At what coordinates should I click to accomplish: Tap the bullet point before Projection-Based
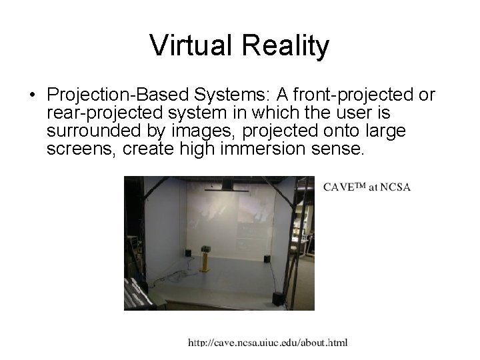point(33,95)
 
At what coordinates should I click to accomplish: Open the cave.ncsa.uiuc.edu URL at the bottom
point(267,343)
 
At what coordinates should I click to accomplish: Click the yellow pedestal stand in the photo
point(205,261)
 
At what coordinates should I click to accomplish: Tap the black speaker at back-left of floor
point(187,253)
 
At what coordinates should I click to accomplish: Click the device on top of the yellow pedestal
point(205,248)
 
